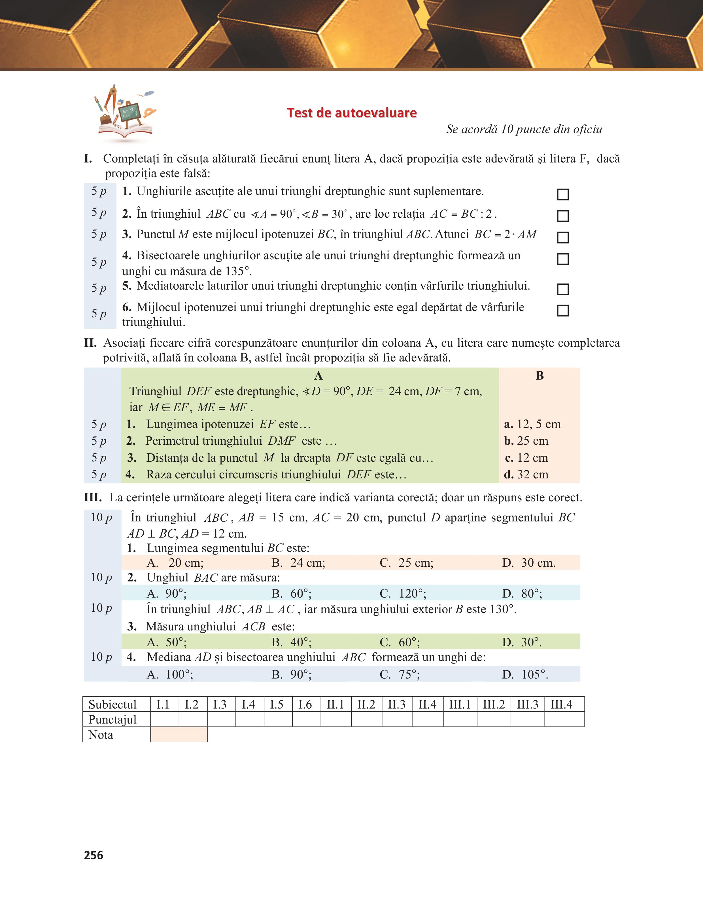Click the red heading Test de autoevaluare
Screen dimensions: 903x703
tap(352, 113)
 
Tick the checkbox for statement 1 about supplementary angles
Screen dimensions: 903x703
tap(563, 194)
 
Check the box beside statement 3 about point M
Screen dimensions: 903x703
tap(563, 237)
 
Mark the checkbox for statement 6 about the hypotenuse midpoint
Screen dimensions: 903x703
tap(563, 311)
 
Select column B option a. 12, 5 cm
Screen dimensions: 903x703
tap(532, 424)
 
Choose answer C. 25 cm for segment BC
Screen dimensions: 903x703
tap(406, 563)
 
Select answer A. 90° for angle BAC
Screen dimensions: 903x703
tap(167, 593)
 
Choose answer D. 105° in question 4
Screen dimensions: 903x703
tap(525, 674)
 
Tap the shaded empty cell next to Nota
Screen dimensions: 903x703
tap(179, 735)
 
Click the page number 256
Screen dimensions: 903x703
tap(94, 855)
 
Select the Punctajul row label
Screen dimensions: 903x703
tap(112, 719)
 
